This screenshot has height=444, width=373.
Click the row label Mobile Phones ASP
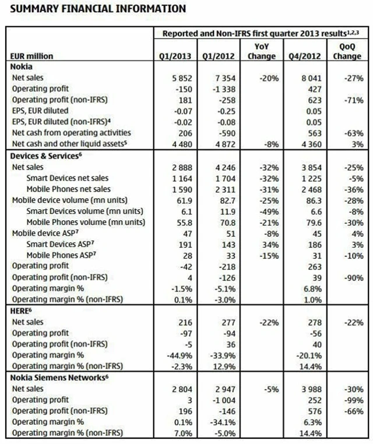(62, 255)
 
